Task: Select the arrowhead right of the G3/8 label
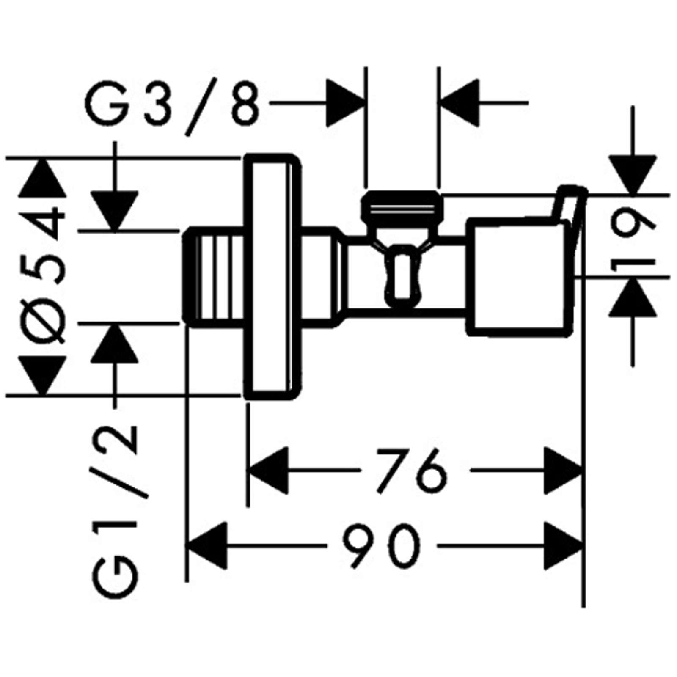(x=345, y=102)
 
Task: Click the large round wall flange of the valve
(x=273, y=277)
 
